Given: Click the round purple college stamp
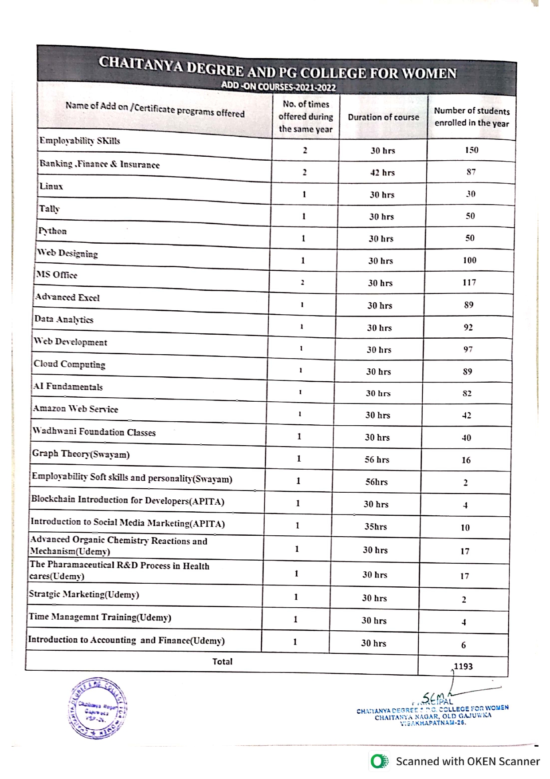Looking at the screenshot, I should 98,708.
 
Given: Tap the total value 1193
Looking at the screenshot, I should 463,666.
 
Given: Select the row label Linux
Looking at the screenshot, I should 51,186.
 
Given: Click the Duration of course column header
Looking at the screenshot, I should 383,117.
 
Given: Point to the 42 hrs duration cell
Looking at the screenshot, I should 382,173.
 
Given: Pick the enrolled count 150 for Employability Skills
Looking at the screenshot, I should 471,150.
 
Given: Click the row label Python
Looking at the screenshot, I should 53,231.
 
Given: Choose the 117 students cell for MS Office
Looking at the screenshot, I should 469,283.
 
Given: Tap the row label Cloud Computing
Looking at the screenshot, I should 70,364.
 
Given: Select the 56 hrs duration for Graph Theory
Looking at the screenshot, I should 377,460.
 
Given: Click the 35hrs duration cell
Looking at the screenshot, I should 376,527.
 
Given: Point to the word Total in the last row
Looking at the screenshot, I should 222,662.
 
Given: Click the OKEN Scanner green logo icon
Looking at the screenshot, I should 379,761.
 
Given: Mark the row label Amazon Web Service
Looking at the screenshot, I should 76,409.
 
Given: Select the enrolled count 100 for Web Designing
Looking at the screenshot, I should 470,261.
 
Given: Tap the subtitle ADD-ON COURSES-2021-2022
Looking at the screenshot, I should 279,86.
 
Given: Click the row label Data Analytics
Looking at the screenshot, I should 64,319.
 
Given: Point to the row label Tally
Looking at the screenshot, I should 50,209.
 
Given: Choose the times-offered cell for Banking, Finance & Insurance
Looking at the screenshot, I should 305,172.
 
